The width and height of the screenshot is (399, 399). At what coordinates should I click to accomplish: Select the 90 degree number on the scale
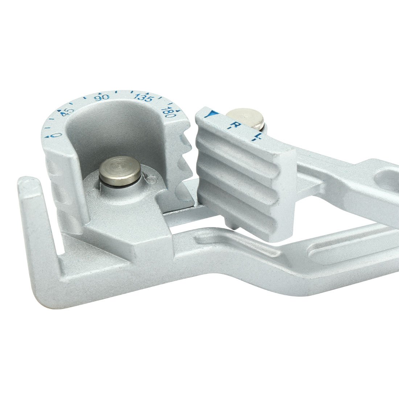click(102, 97)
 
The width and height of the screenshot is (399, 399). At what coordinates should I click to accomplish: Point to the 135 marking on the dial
click(144, 98)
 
